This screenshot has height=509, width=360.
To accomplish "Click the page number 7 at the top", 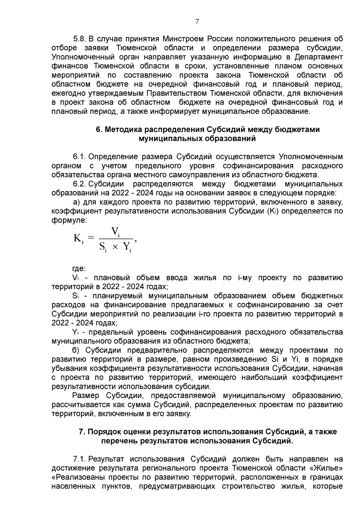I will pyautogui.click(x=197, y=22).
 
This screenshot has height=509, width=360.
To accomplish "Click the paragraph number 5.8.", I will pyautogui.click(x=80, y=39).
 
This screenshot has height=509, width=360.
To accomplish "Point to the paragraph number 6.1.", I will pyautogui.click(x=80, y=157).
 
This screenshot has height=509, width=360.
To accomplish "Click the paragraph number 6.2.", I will pyautogui.click(x=80, y=184).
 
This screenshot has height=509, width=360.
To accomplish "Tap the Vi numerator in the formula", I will pyautogui.click(x=115, y=232).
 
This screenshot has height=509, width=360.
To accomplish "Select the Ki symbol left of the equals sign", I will pyautogui.click(x=78, y=239).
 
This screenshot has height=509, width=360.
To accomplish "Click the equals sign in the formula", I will pyautogui.click(x=91, y=238).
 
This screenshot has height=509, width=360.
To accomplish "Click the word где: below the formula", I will pyautogui.click(x=79, y=268).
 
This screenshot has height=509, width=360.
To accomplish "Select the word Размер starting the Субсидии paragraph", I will pyautogui.click(x=87, y=396).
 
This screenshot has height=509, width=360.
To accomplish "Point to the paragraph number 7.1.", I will pyautogui.click(x=80, y=459).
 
